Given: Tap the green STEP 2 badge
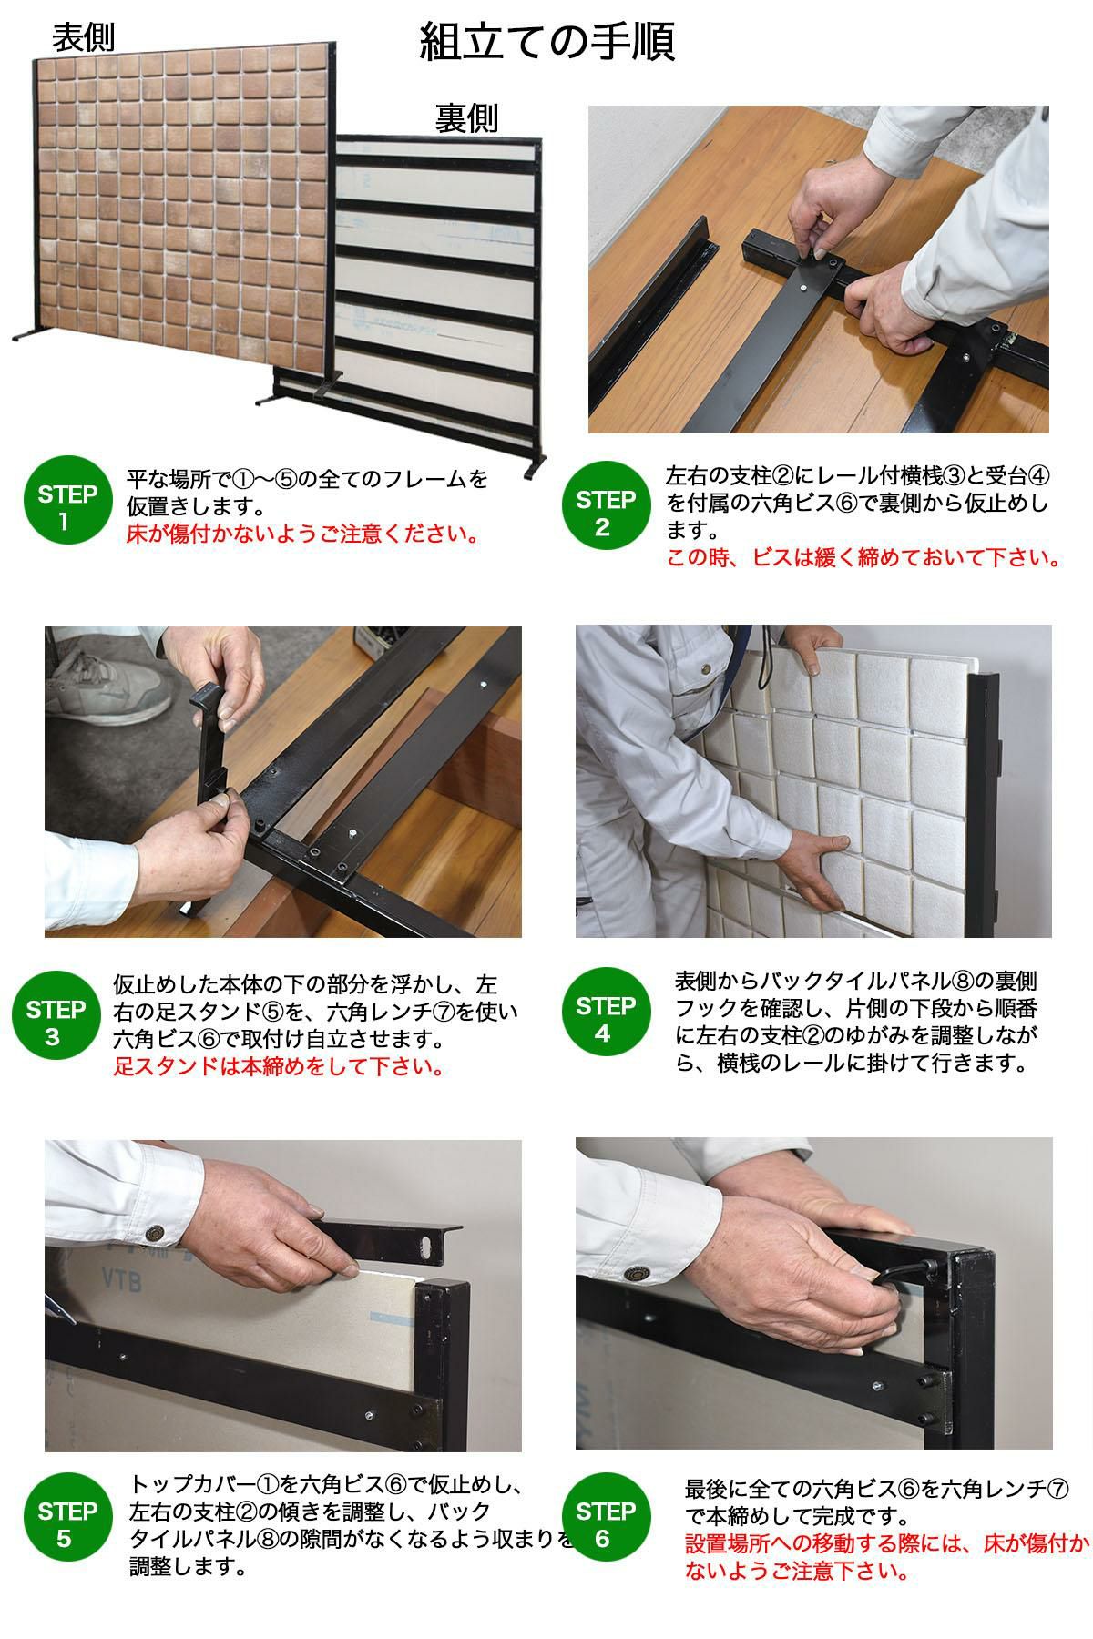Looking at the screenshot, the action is (x=606, y=513).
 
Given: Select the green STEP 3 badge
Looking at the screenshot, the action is (x=55, y=1023).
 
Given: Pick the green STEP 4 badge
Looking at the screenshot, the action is (x=606, y=1020).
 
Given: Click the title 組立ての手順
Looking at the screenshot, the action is (x=546, y=42).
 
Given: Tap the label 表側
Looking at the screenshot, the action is (x=83, y=38).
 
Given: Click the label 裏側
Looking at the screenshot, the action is (x=466, y=118).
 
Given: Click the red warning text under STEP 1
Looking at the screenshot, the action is (x=303, y=534).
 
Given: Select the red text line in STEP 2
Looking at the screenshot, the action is (x=863, y=557).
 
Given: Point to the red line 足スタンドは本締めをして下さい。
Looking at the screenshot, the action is (x=280, y=1066).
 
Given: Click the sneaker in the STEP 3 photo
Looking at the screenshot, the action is (x=107, y=684).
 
